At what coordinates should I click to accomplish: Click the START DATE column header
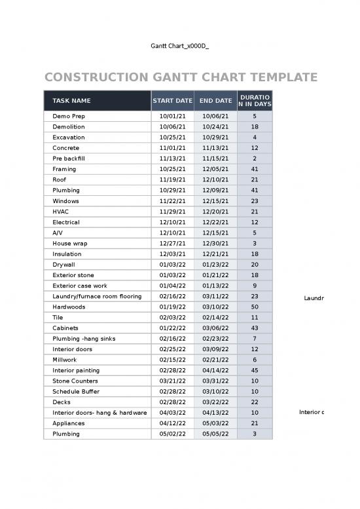(172, 101)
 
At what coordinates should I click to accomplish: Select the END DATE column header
(215, 101)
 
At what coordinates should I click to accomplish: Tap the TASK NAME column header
(72, 101)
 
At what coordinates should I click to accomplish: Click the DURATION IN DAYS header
(255, 101)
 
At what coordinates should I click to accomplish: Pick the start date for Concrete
(173, 148)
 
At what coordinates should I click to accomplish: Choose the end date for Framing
(215, 169)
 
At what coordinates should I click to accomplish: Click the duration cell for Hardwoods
(255, 307)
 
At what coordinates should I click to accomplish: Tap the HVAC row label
(61, 212)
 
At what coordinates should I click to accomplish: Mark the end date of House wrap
(215, 243)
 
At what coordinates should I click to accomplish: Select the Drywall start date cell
(173, 265)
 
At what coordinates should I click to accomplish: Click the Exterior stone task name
(73, 275)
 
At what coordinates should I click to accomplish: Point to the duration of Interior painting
(255, 370)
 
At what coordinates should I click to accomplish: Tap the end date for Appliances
(215, 423)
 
